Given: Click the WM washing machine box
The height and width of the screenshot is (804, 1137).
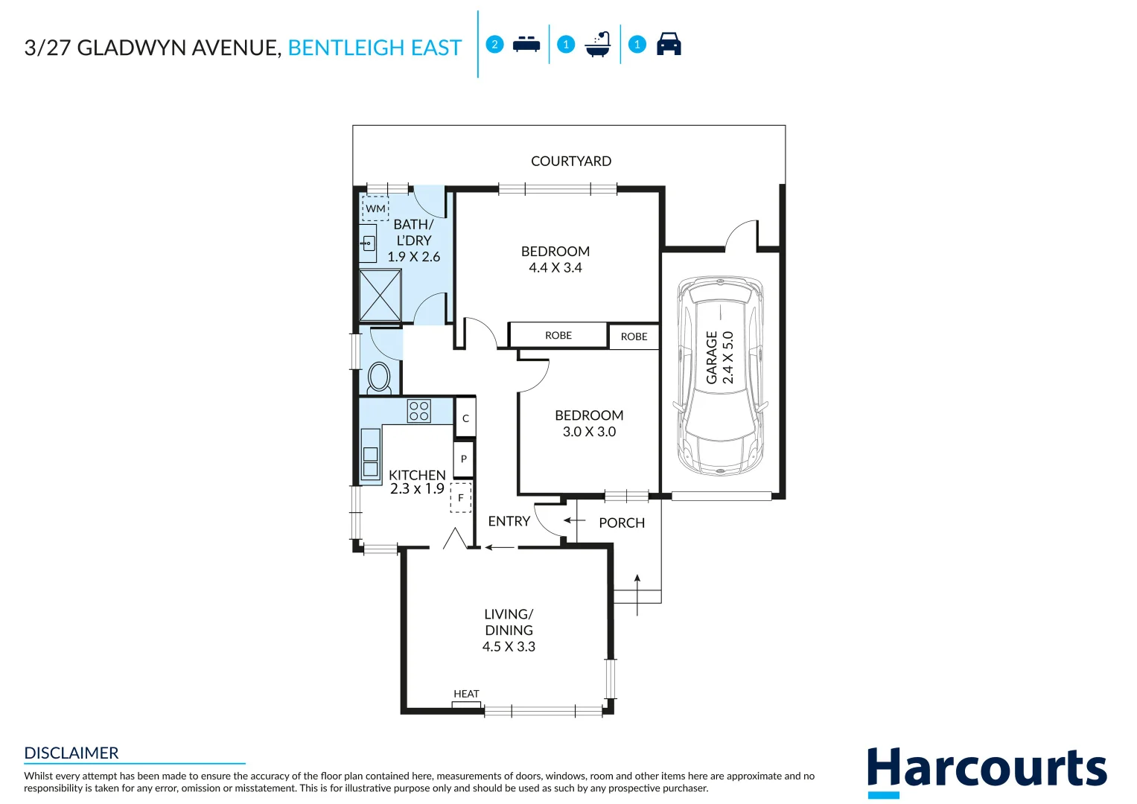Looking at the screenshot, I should coord(375,208).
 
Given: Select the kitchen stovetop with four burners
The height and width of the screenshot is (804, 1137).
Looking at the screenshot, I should coord(419,411).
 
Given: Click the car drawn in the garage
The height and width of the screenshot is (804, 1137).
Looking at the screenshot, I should coord(720,376).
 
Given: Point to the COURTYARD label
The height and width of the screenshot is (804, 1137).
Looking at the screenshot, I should coord(571,162).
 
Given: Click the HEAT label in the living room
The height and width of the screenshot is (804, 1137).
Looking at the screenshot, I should coord(466,694).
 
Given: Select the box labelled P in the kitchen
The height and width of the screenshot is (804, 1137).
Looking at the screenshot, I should coord(463,459).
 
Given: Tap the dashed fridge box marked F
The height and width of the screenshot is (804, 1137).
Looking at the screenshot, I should coord(461,497).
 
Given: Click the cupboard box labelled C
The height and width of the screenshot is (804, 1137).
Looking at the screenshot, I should coord(465,418).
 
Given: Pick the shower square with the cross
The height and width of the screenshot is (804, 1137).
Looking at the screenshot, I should coord(380,296).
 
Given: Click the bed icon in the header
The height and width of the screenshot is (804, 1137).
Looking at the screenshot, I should coord(526,45).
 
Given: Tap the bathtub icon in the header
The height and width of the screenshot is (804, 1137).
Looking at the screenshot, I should coord(598,45).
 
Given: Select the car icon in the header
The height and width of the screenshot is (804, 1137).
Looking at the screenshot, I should coord(669,45).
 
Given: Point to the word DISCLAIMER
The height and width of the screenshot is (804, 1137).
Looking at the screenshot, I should coord(71,753).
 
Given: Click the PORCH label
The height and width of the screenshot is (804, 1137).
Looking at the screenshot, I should coord(622,523).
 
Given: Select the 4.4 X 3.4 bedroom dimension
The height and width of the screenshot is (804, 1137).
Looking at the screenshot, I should coord(555,268).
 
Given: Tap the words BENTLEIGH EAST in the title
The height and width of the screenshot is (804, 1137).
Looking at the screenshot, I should coord(375,48).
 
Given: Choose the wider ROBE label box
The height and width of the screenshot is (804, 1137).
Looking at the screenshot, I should coord(558,336).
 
